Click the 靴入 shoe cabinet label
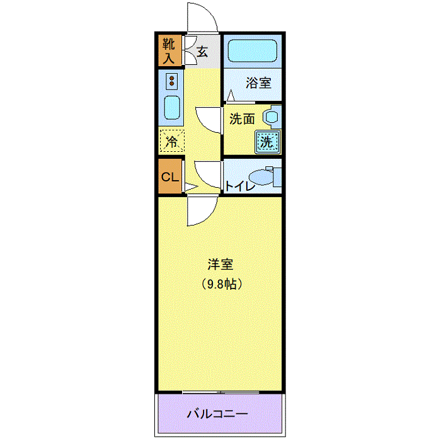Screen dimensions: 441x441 click(169, 51)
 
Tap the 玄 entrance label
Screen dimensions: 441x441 click(202, 52)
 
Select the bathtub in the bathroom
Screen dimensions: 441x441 click(252, 51)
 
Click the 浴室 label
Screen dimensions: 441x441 click(258, 83)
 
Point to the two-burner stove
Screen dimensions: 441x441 click(171, 81)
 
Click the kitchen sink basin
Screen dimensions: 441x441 click(171, 108)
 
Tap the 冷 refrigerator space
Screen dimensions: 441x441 click(171, 140)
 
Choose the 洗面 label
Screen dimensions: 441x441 click(242, 119)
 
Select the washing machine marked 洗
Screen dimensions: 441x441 click(268, 142)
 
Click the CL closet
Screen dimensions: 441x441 click(170, 176)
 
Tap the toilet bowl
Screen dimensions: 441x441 click(261, 177)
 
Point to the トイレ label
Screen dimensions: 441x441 click(240, 186)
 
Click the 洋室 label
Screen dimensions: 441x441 click(220, 265)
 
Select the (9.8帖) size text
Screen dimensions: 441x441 click(222, 284)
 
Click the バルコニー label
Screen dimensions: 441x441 click(217, 414)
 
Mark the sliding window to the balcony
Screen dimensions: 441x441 click(220, 392)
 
